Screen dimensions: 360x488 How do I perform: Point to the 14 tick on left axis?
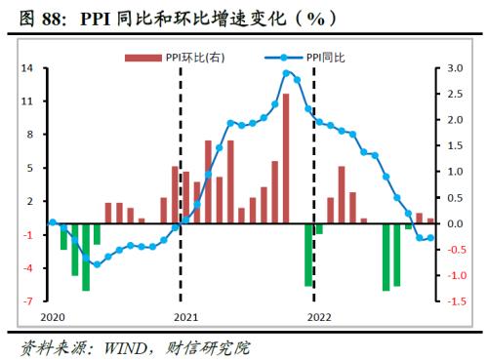29,68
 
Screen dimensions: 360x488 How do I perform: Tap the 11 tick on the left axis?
29,101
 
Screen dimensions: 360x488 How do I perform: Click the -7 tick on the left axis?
29,301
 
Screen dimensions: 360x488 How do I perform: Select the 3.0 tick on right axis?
455,68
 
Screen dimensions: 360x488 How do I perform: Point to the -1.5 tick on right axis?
455,301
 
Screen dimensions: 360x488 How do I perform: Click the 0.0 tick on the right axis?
455,223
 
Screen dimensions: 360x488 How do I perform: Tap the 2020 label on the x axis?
52,317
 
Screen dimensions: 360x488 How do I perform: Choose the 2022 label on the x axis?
318,317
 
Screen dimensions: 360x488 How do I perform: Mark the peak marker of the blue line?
286,73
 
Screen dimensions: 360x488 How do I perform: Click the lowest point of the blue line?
96,264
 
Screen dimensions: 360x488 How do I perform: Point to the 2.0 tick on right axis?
455,120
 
